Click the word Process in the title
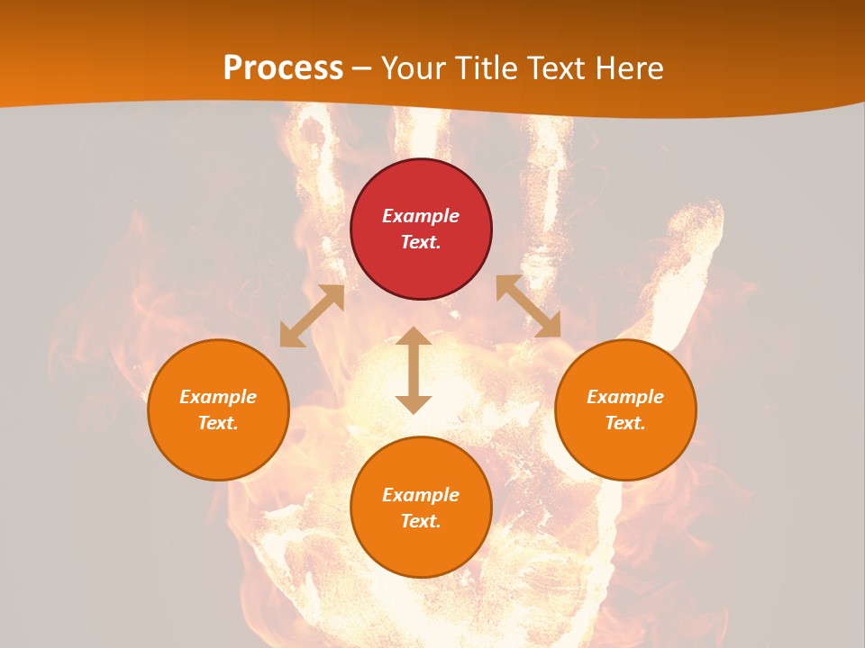tap(283, 68)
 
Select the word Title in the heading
tap(491, 68)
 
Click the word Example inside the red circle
tap(421, 216)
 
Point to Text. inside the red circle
tap(421, 242)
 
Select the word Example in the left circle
tap(218, 397)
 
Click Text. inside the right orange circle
tap(625, 423)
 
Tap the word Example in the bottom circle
tap(421, 495)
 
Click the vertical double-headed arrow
tap(414, 370)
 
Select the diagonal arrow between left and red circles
tap(312, 316)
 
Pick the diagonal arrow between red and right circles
tap(528, 307)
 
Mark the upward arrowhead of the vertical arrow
tap(414, 336)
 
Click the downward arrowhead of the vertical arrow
tap(414, 404)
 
